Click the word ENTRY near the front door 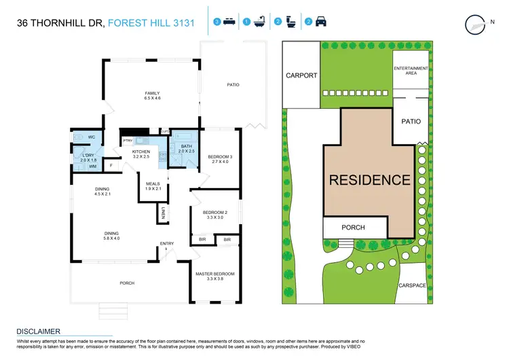point(166,244)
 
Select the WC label point(91,137)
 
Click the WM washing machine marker point(92,166)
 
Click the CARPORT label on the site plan point(301,75)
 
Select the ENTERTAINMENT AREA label point(411,71)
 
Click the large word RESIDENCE point(370,180)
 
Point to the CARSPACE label point(413,286)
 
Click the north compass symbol point(475,24)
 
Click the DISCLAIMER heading point(39,331)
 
